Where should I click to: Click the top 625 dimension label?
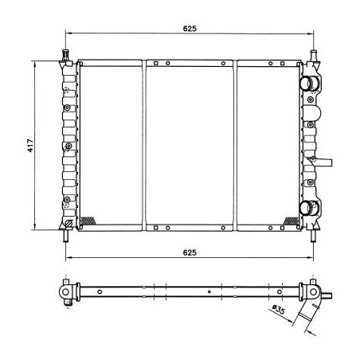190,29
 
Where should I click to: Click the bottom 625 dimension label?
190,252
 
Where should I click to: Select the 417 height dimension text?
30,146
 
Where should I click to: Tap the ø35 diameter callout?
279,309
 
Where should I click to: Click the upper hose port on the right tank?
308,83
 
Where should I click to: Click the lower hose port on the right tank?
308,208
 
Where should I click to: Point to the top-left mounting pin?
65,55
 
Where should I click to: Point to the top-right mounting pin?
314,55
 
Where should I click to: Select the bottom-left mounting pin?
66,236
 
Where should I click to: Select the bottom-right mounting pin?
314,236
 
